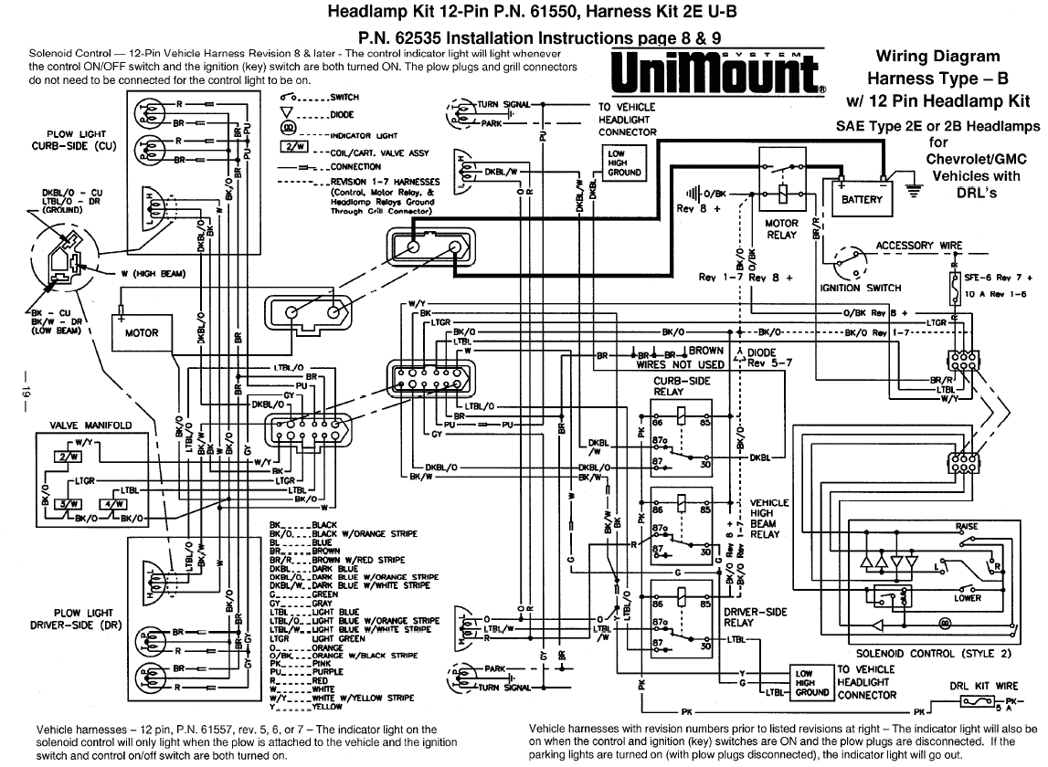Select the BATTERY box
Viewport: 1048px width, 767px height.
tap(862, 199)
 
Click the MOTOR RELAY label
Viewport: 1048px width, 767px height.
tap(781, 228)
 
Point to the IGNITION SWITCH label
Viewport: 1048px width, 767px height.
tap(860, 288)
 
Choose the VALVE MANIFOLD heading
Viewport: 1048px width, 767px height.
tap(90, 426)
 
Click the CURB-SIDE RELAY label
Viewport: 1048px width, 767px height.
tap(680, 385)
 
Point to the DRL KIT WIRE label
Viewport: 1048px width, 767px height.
tap(981, 686)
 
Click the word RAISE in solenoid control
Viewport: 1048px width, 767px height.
tap(966, 527)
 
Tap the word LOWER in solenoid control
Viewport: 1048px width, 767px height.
tap(968, 598)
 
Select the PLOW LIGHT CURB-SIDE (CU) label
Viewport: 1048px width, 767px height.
tap(67, 140)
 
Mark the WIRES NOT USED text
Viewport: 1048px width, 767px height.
tap(680, 363)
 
